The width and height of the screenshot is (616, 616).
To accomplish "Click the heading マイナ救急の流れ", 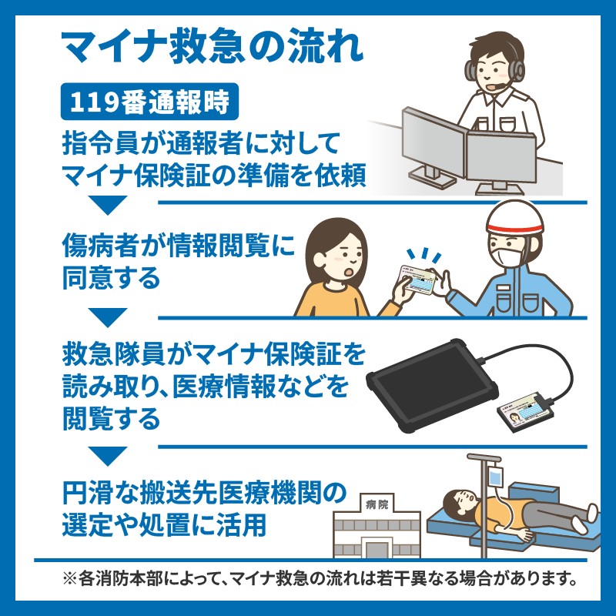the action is (x=213, y=48).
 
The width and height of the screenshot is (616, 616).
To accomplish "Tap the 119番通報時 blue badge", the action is (x=149, y=102).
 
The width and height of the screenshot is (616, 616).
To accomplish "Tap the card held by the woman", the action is (x=417, y=280).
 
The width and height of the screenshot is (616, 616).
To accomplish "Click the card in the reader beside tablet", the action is (x=526, y=413).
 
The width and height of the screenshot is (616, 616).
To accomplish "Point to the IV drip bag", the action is (x=495, y=476).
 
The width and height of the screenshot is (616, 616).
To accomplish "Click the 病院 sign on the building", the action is (x=377, y=504).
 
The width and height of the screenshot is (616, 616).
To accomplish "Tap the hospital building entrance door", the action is (x=377, y=548).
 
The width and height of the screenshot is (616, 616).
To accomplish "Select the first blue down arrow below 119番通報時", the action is (x=107, y=205).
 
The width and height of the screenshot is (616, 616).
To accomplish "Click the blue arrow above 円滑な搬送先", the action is (x=107, y=456).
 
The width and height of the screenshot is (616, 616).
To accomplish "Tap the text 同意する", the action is (x=111, y=278).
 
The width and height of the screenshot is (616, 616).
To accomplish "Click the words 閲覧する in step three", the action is (x=111, y=418).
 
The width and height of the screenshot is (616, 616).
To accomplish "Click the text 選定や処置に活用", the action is (x=164, y=524).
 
